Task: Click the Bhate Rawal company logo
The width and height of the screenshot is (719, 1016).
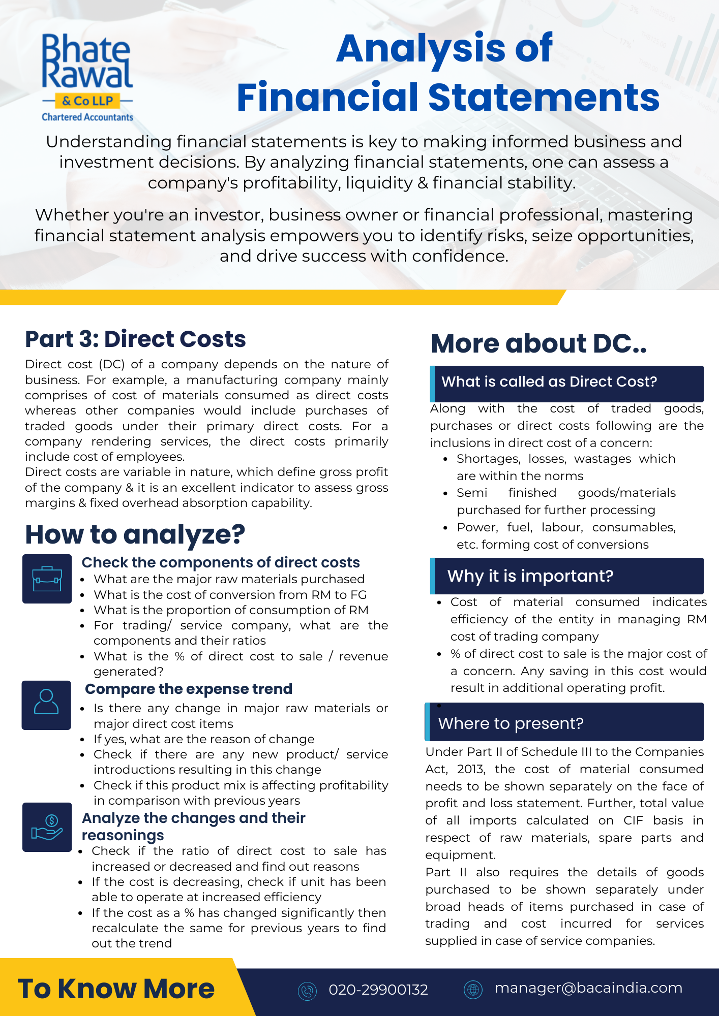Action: [87, 76]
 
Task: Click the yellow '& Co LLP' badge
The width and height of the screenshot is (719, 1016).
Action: [87, 101]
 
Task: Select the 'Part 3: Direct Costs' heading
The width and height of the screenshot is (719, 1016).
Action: [135, 339]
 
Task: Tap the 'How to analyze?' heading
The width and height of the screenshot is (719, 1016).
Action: [135, 534]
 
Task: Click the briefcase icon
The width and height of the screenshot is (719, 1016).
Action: [47, 579]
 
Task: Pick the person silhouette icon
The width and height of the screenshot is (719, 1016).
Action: [46, 705]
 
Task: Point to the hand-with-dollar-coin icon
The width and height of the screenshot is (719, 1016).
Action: [47, 827]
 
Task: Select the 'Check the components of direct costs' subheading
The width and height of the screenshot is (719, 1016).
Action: [221, 562]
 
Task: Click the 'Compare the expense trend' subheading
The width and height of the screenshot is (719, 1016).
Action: [189, 689]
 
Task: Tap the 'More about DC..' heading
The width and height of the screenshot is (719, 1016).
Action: [538, 343]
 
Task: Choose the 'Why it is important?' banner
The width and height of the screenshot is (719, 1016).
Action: [566, 576]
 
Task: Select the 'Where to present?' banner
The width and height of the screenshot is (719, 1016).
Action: [564, 723]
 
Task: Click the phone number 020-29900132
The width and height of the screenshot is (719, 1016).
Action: [378, 990]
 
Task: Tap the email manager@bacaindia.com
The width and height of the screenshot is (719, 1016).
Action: [588, 988]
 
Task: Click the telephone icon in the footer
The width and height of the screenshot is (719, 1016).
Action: [307, 991]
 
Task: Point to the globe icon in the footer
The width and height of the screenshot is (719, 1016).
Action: [473, 989]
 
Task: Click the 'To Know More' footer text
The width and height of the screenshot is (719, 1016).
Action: [116, 989]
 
